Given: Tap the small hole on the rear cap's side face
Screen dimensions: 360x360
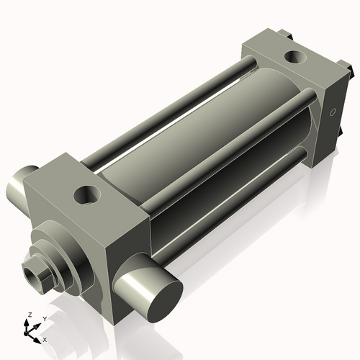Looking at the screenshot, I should tap(333, 113).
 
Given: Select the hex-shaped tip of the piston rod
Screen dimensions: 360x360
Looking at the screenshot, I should tap(36, 272).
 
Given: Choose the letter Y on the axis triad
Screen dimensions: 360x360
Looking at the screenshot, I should tap(45, 318).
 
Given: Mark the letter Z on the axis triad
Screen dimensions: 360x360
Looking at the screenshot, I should tap(29, 315).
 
